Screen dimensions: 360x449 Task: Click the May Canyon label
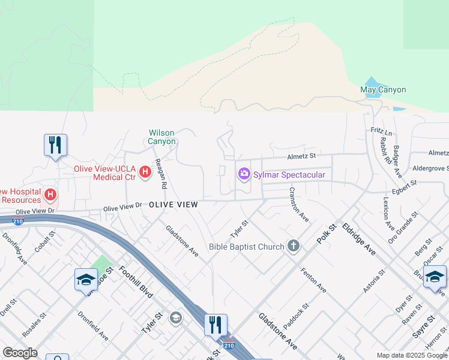pyautogui.click(x=383, y=90)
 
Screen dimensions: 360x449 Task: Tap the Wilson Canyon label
pyautogui.click(x=163, y=137)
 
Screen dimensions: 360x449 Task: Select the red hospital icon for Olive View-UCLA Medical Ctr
pyautogui.click(x=145, y=172)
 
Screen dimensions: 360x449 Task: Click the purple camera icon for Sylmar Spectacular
pyautogui.click(x=244, y=174)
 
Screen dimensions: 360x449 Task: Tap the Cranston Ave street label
pyautogui.click(x=298, y=205)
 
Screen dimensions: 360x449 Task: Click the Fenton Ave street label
pyautogui.click(x=313, y=280)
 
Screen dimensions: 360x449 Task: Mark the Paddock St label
pyautogui.click(x=296, y=316)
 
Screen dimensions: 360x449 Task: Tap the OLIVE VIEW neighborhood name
pyautogui.click(x=173, y=205)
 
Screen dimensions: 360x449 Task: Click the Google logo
pyautogui.click(x=20, y=353)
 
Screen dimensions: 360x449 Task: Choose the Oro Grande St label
pyautogui.click(x=403, y=224)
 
